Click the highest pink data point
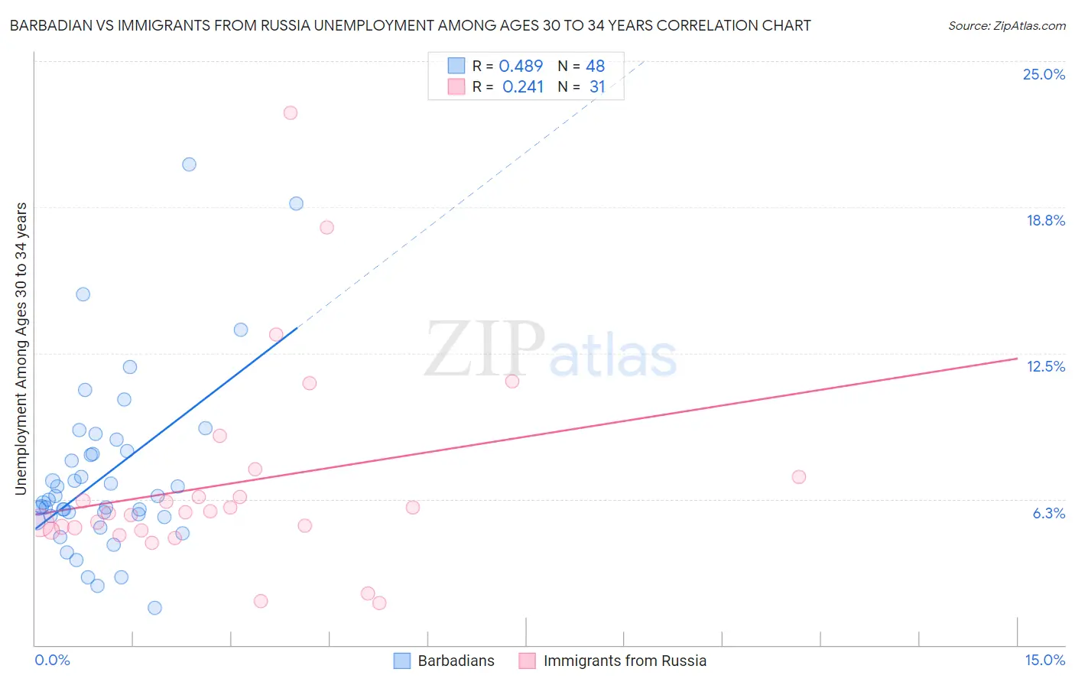point(290,112)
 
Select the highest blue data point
point(189,164)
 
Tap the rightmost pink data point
point(799,477)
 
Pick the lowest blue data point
point(154,608)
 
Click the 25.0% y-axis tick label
point(1044,74)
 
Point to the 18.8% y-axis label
point(1045,220)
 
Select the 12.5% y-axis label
point(1045,366)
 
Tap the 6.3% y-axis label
point(1048,513)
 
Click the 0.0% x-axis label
point(52,660)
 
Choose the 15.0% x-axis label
point(1044,660)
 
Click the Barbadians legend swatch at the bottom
point(402,661)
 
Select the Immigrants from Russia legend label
point(625,661)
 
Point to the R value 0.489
point(521,67)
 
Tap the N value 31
point(597,87)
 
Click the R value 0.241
point(523,87)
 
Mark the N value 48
point(595,67)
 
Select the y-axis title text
point(21,349)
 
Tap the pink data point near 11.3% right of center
point(512,381)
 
